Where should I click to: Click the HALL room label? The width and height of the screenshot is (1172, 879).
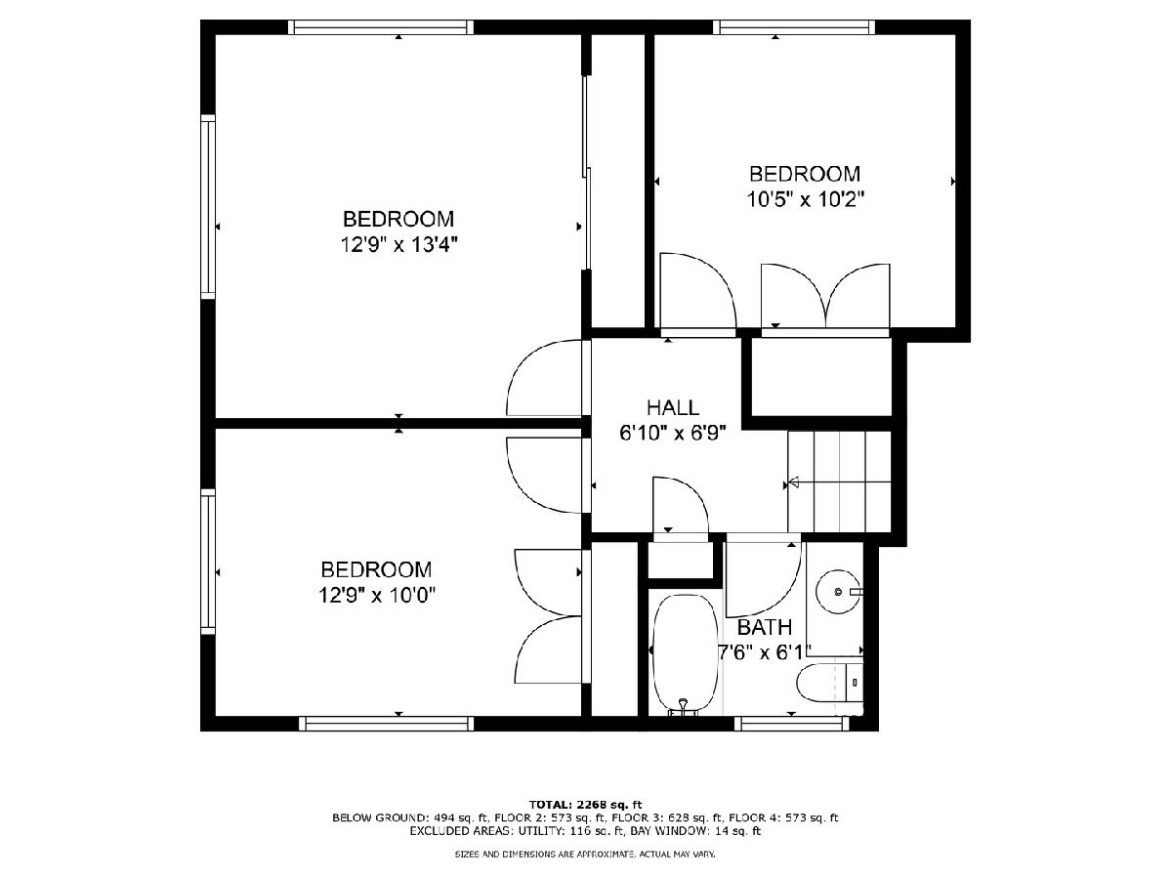672,407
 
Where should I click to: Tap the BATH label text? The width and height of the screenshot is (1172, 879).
764,628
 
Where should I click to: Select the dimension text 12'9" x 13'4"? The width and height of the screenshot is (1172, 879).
398,245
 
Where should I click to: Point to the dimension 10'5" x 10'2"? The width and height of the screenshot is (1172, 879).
805,199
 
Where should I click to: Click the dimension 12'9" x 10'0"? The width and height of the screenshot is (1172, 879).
377,595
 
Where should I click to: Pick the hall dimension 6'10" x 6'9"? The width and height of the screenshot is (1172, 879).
673,433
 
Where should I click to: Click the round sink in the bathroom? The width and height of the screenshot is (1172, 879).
838,591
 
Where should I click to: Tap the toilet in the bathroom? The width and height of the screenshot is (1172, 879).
830,683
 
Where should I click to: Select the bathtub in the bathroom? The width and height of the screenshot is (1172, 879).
686,653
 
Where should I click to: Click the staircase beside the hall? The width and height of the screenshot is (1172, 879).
839,481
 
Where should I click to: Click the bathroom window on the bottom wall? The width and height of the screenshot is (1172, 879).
791,724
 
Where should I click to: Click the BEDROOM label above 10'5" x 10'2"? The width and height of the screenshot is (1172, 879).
805,174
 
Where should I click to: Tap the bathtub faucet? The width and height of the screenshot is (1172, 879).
683,707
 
